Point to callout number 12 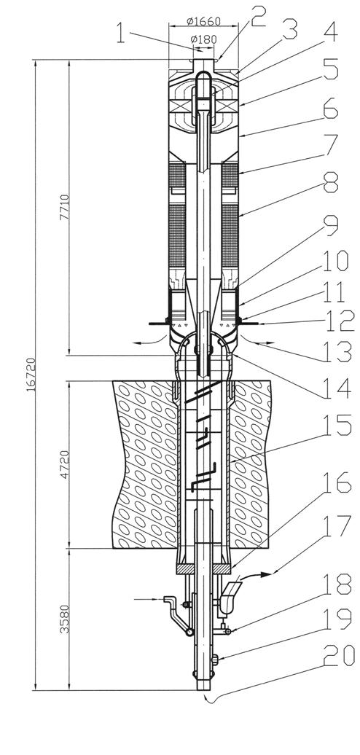pos(338,321)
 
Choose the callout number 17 pos(338,528)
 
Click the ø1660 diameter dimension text pos(203,21)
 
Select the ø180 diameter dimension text pos(204,39)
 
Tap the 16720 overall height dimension pos(31,374)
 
